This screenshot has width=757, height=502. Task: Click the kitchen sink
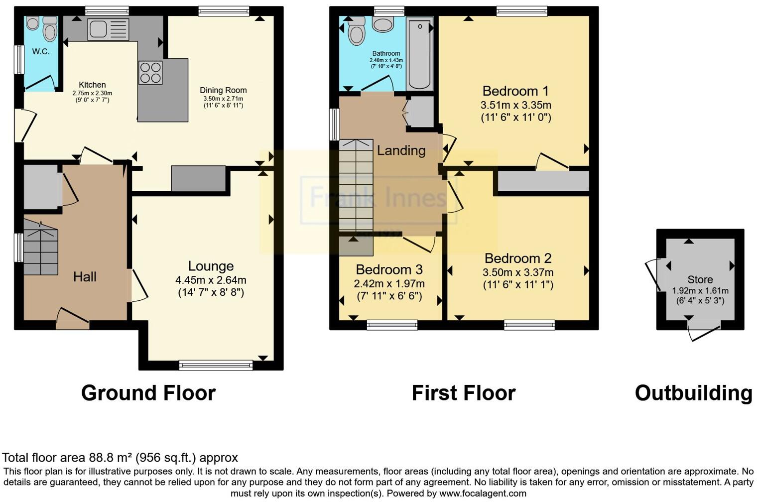(108, 29)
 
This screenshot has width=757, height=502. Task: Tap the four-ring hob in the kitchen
(150, 73)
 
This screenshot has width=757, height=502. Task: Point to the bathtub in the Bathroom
(419, 53)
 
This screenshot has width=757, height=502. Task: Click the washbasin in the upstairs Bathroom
(382, 24)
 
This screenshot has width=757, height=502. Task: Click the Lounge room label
(211, 266)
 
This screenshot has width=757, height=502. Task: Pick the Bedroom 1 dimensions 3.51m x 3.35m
(515, 105)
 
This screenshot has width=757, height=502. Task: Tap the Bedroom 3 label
(389, 269)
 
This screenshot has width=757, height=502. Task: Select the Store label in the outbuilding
(700, 279)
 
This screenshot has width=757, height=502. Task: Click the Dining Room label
(223, 90)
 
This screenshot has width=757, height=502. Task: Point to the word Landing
(401, 150)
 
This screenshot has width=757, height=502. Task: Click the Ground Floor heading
(148, 393)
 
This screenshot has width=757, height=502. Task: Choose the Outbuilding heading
(693, 393)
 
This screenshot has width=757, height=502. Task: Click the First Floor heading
(463, 393)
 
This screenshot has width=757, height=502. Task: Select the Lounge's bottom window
(216, 366)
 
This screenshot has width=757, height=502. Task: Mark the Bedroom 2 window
(529, 325)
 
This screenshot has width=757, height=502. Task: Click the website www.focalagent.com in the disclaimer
(482, 494)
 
